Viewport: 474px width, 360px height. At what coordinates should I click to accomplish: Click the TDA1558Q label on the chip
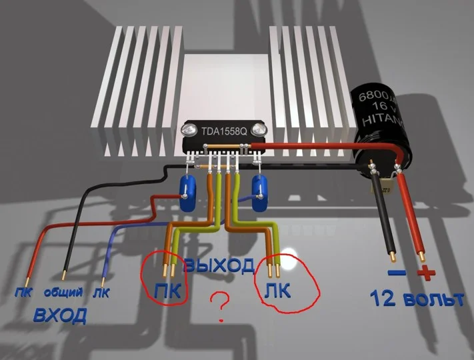224,131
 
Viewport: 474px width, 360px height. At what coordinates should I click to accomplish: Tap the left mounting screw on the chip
189,130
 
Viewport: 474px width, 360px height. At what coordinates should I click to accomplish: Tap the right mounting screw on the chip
259,129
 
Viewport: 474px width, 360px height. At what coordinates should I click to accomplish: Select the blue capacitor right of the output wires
259,193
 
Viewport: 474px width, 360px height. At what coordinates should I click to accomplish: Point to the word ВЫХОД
219,265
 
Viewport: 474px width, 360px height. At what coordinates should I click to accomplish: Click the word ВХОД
59,316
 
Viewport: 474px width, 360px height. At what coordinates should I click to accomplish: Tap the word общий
63,292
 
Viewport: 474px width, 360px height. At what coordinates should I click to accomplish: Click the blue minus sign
397,273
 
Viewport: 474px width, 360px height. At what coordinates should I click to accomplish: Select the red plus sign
426,273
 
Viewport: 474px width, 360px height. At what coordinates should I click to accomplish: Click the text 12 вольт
417,299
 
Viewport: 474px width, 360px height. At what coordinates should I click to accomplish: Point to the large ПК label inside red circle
167,291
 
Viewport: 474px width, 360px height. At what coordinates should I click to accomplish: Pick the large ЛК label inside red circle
277,291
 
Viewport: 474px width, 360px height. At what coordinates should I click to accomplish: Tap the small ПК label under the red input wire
23,293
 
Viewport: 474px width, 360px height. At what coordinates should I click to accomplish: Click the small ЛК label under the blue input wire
101,293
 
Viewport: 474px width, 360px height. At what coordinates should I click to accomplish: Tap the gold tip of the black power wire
393,257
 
